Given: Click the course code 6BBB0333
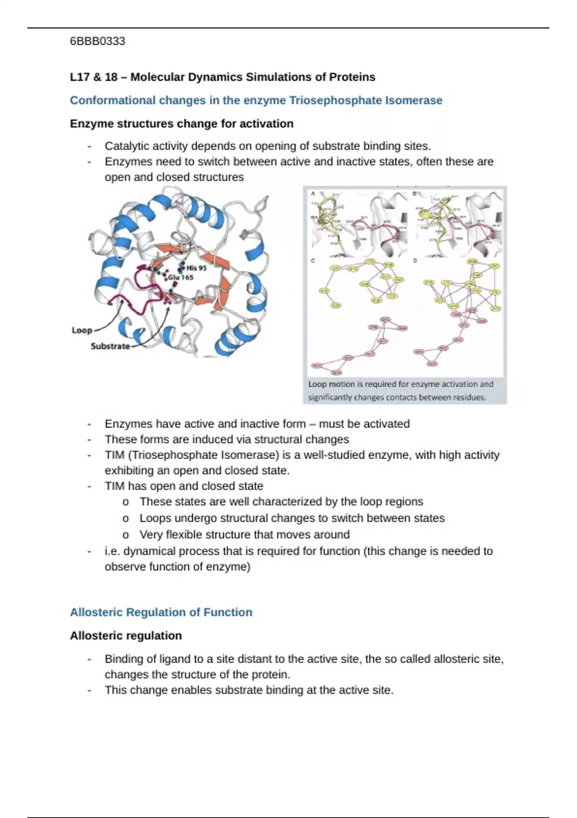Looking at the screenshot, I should click(x=98, y=41).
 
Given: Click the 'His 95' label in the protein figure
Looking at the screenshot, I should click(x=196, y=268).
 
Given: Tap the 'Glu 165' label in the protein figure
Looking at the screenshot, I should click(x=180, y=278).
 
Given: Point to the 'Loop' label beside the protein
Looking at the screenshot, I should click(x=82, y=330).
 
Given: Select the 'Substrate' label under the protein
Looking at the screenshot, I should click(x=110, y=346).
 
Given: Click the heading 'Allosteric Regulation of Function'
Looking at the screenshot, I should click(x=161, y=612).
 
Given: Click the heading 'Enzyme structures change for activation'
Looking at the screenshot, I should click(x=182, y=124).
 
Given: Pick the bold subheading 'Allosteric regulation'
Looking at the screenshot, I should click(x=126, y=636).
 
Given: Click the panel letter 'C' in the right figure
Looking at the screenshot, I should click(x=313, y=261).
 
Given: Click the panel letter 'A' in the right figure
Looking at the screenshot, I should click(x=313, y=193).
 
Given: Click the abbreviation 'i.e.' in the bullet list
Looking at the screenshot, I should click(x=113, y=551).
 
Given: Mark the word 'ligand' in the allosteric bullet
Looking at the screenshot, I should click(x=166, y=659).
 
